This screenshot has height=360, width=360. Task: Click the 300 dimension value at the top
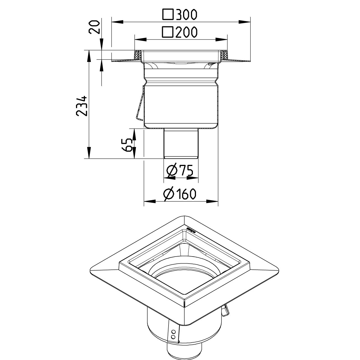(x=186, y=15)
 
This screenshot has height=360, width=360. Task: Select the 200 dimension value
(x=186, y=32)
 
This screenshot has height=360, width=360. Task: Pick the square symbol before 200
(x=168, y=32)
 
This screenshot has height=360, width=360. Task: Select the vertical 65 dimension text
(x=128, y=145)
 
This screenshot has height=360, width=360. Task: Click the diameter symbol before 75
(x=171, y=171)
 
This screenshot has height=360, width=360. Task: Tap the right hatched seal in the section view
(x=224, y=55)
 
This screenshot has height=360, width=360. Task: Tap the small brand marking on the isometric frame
(x=190, y=230)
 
